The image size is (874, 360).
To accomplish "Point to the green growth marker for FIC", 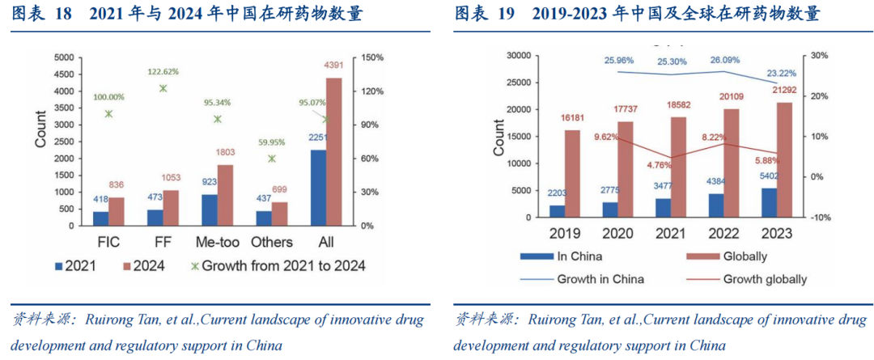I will (108, 114).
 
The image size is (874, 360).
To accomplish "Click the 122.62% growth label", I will (163, 71).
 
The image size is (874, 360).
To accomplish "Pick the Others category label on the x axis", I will (271, 242).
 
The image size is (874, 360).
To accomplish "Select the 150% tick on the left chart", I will (372, 57).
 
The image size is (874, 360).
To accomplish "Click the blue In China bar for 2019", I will (557, 211).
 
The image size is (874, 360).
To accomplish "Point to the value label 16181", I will (572, 118).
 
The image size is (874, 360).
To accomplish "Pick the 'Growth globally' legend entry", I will (765, 279).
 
